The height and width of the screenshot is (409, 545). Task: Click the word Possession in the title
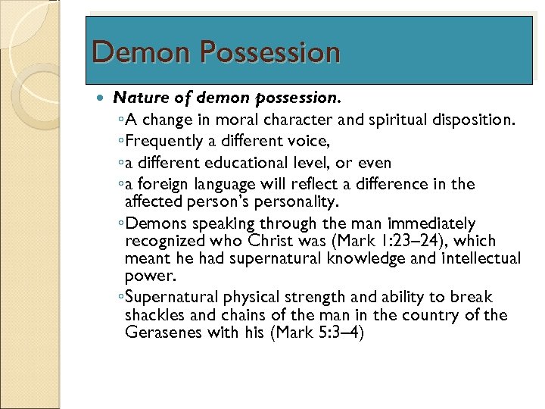[x=270, y=52]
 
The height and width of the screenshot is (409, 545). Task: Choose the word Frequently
[x=165, y=141]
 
